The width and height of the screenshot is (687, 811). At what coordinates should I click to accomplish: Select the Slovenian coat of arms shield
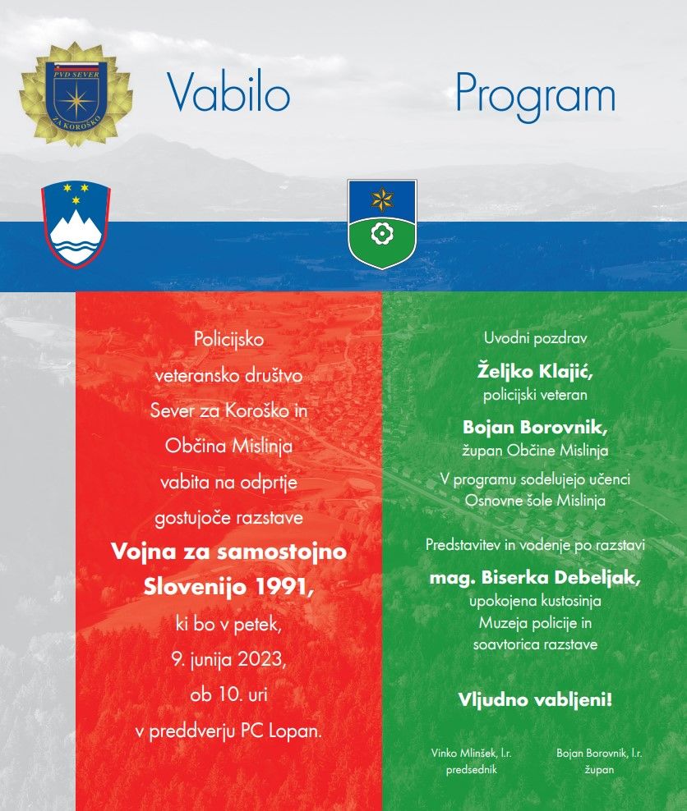click(x=76, y=223)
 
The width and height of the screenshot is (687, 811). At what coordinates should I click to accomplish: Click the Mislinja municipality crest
click(x=381, y=223)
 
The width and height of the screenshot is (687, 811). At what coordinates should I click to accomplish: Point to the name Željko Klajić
click(x=535, y=371)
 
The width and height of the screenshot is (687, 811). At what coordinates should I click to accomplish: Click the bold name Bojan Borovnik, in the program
click(x=535, y=427)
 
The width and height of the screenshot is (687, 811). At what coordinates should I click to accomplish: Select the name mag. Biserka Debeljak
click(x=535, y=578)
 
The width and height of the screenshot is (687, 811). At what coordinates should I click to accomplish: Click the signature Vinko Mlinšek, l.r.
click(x=472, y=753)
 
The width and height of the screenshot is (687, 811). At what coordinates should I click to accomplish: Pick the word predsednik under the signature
click(x=472, y=770)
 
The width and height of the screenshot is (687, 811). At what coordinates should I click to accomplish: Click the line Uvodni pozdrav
click(x=535, y=337)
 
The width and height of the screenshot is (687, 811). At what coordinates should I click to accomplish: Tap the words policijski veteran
click(x=535, y=395)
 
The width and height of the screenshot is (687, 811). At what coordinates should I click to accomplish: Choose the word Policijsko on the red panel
click(x=228, y=338)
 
